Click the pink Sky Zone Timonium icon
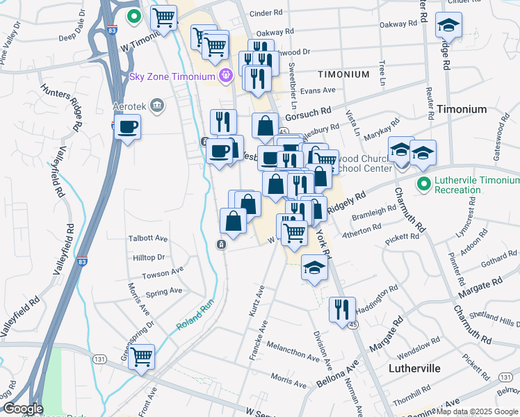pyautogui.click(x=225, y=75)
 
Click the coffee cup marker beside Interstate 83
pyautogui.click(x=128, y=127)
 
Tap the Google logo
pyautogui.click(x=22, y=409)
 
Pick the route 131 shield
pyautogui.click(x=99, y=359)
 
